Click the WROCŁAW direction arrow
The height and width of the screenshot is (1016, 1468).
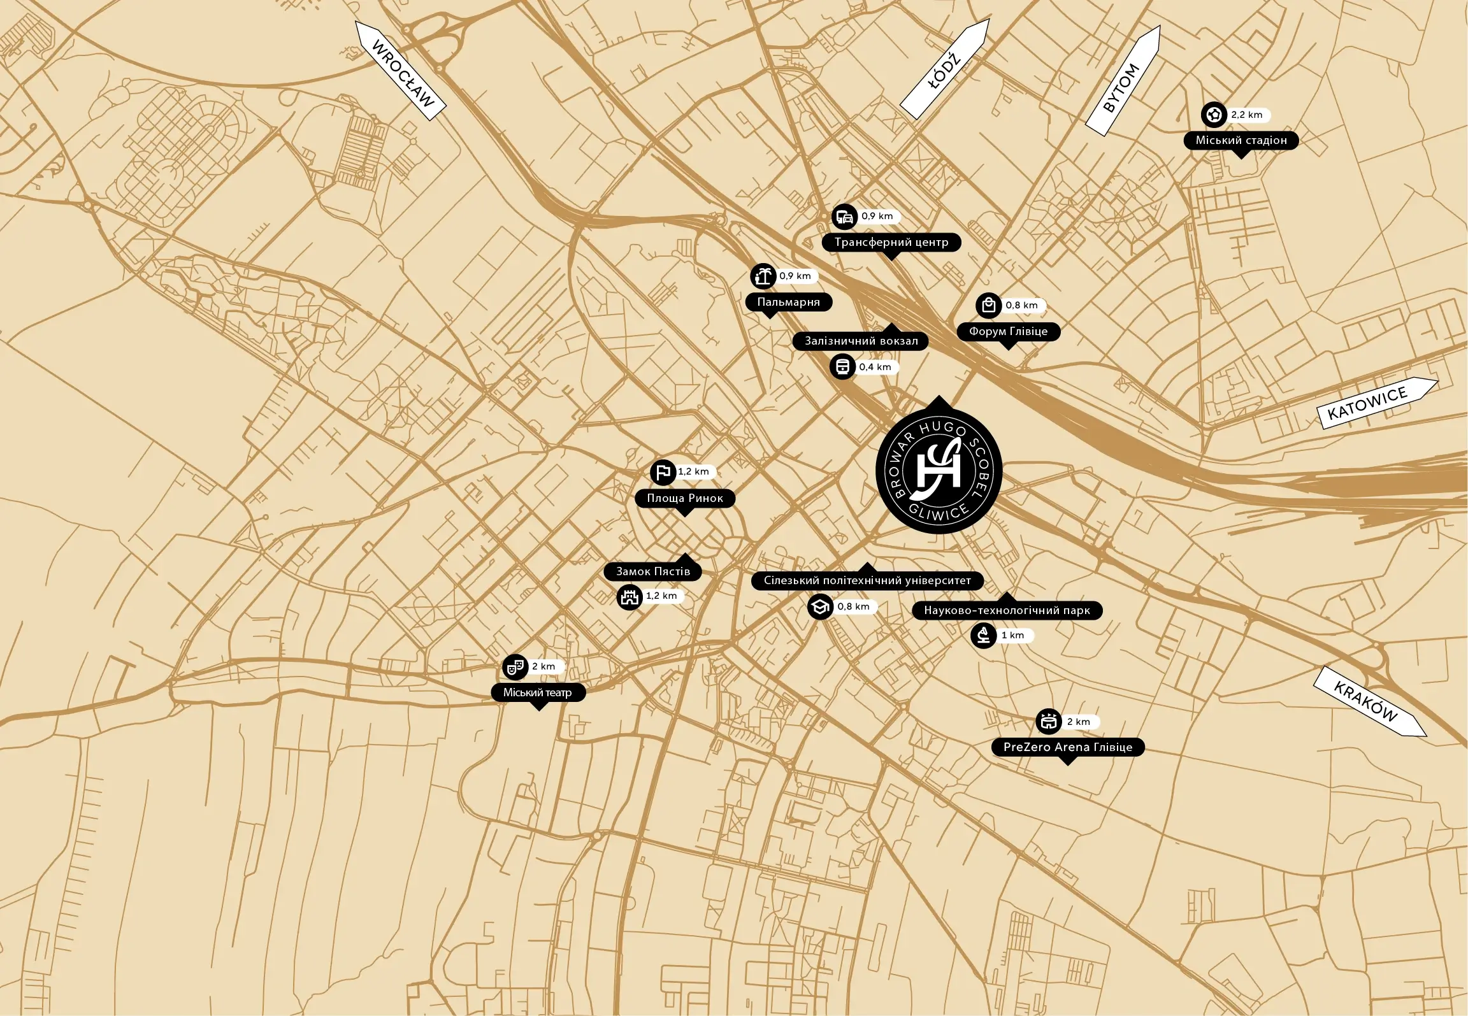click(x=400, y=71)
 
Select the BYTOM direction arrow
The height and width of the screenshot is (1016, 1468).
click(x=1123, y=81)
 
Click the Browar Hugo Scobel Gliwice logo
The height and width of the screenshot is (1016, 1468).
click(x=939, y=471)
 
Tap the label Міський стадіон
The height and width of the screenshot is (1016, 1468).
click(x=1241, y=140)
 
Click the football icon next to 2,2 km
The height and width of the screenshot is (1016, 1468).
click(x=1214, y=115)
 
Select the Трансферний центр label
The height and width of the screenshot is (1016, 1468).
click(x=891, y=242)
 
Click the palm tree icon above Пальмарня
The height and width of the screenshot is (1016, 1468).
click(x=763, y=276)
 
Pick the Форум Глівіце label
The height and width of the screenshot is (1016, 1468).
click(x=1008, y=331)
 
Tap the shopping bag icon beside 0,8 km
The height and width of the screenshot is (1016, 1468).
click(x=988, y=306)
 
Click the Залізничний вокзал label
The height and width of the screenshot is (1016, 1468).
click(x=861, y=341)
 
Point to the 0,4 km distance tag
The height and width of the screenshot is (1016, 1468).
click(x=875, y=367)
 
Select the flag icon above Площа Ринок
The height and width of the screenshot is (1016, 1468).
click(x=663, y=472)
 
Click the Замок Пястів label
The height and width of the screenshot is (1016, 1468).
click(x=652, y=571)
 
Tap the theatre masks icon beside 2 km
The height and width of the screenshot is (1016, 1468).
click(x=515, y=667)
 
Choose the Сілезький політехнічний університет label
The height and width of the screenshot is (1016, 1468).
click(x=867, y=580)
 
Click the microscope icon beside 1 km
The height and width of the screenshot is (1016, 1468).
click(x=983, y=635)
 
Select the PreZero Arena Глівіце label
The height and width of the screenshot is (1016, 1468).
click(x=1068, y=747)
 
